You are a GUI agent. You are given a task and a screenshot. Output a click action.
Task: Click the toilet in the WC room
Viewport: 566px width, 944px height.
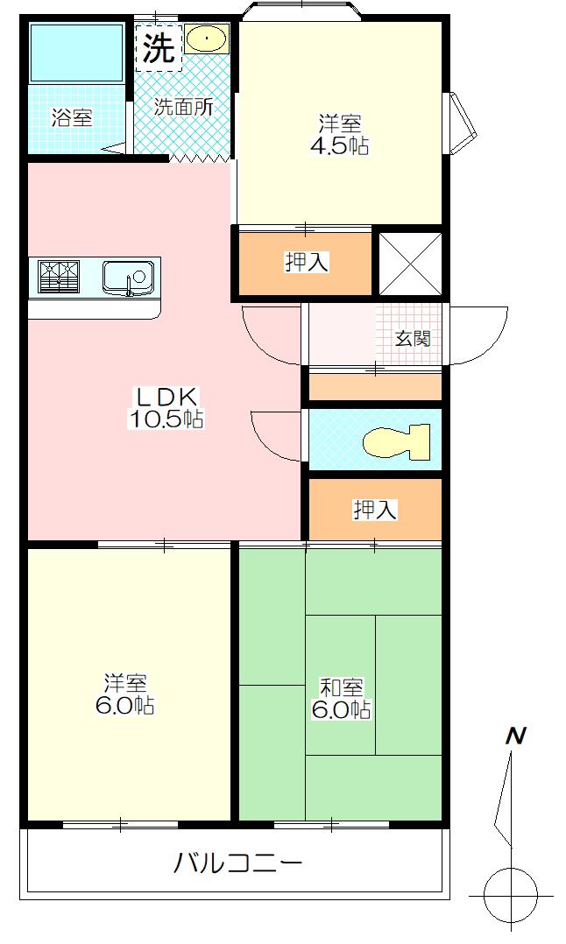pyautogui.click(x=398, y=440)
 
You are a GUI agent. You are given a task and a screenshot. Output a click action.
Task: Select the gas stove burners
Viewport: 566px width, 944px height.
pyautogui.click(x=59, y=276)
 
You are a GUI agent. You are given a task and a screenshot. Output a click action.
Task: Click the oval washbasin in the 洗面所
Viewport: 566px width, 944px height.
pyautogui.click(x=206, y=39)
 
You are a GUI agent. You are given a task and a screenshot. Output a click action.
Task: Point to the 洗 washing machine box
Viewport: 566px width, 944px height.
pyautogui.click(x=159, y=47)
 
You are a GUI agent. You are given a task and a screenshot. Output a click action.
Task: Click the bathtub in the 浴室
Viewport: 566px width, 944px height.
pyautogui.click(x=77, y=53)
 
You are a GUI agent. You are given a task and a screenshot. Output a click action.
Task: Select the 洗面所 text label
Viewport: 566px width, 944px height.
pyautogui.click(x=183, y=107)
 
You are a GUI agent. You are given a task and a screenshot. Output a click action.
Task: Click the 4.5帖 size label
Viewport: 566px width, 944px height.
pyautogui.click(x=340, y=145)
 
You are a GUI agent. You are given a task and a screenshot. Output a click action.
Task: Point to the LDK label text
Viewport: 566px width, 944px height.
pyautogui.click(x=165, y=397)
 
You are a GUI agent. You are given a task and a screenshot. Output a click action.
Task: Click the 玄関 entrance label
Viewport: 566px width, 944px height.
pyautogui.click(x=413, y=338)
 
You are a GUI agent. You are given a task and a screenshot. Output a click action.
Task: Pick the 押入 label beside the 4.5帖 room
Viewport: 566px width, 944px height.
pyautogui.click(x=307, y=262)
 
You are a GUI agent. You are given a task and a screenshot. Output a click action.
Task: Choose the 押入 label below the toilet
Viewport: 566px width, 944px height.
pyautogui.click(x=375, y=510)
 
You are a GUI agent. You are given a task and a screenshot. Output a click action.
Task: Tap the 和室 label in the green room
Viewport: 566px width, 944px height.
pyautogui.click(x=342, y=687)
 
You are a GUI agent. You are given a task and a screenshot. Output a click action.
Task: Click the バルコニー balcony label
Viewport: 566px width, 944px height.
pyautogui.click(x=237, y=864)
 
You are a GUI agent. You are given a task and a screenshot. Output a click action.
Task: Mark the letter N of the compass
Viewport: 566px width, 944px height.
pyautogui.click(x=515, y=736)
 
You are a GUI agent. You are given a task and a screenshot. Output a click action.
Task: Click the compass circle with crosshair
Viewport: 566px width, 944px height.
pyautogui.click(x=511, y=895)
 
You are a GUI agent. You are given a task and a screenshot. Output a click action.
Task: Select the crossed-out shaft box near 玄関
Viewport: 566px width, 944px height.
pyautogui.click(x=411, y=263)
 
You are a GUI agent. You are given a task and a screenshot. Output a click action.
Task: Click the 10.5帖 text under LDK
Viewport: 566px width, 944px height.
pyautogui.click(x=165, y=419)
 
